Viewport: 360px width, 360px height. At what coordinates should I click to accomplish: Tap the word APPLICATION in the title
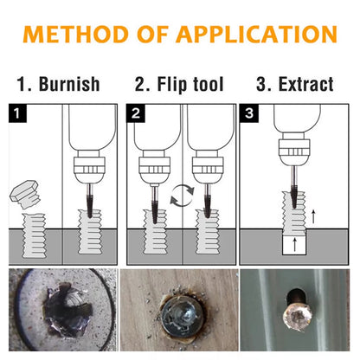tap(257, 35)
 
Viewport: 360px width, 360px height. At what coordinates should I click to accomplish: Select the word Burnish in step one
tap(69, 84)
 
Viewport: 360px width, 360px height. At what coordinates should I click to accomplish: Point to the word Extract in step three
tap(306, 84)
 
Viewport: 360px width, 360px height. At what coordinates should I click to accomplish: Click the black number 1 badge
tap(17, 113)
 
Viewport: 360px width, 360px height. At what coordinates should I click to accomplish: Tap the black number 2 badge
tap(136, 113)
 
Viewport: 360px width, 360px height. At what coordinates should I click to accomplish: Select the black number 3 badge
tap(249, 113)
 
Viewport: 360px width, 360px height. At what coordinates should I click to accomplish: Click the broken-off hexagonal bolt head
tap(25, 194)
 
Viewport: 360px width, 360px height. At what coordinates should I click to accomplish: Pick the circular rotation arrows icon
tap(182, 196)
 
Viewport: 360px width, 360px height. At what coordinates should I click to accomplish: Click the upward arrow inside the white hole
tap(294, 245)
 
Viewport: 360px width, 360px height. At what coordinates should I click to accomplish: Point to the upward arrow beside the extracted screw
tap(313, 217)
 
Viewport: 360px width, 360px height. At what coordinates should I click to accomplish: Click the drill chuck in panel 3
tap(294, 152)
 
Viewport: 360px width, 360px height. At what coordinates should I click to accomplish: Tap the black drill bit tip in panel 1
tap(90, 206)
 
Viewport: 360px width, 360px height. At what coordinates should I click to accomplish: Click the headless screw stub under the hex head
tap(35, 235)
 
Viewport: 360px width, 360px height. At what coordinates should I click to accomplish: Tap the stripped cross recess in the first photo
tap(68, 310)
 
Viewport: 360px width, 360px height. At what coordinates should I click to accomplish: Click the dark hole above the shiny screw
tap(295, 297)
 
